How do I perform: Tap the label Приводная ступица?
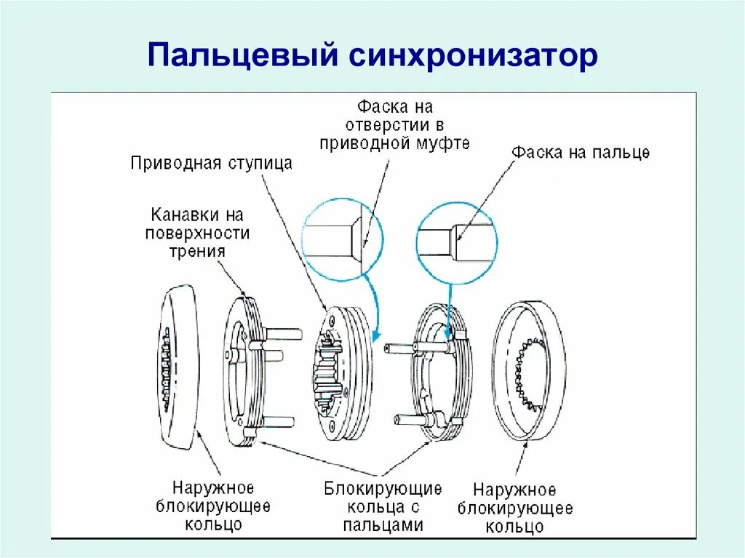pyautogui.click(x=211, y=163)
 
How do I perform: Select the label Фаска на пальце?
pyautogui.click(x=580, y=153)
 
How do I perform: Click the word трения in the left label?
pyautogui.click(x=197, y=251)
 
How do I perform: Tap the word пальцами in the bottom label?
pyautogui.click(x=383, y=524)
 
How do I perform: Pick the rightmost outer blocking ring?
pyautogui.click(x=529, y=371)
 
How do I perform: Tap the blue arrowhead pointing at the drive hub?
pyautogui.click(x=375, y=337)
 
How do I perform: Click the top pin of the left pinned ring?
pyautogui.click(x=283, y=334)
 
